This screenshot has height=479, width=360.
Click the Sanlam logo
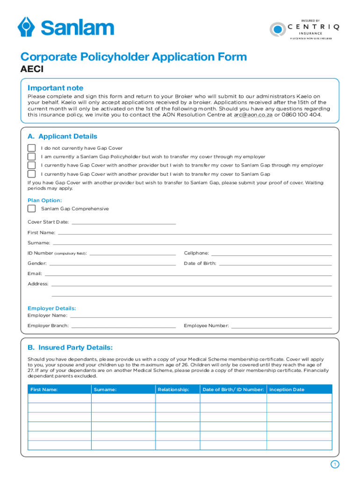click(65, 27)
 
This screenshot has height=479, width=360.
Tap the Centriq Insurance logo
click(304, 29)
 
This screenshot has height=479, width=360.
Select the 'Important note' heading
click(55, 88)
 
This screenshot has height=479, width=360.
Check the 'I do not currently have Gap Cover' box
click(31, 148)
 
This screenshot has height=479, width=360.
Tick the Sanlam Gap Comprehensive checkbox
click(31, 209)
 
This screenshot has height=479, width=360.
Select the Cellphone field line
click(272, 254)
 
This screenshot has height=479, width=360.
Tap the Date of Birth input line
click(275, 265)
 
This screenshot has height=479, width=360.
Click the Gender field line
click(109, 265)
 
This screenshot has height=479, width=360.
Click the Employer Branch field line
click(123, 327)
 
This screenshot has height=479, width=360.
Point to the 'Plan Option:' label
click(44, 200)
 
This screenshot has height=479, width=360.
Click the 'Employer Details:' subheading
click(51, 308)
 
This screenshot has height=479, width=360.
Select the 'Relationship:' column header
click(173, 390)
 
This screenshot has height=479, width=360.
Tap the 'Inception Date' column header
click(287, 390)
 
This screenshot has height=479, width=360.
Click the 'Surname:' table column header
click(105, 390)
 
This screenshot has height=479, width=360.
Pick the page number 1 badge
click(334, 464)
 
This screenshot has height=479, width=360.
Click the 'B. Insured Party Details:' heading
click(70, 348)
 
